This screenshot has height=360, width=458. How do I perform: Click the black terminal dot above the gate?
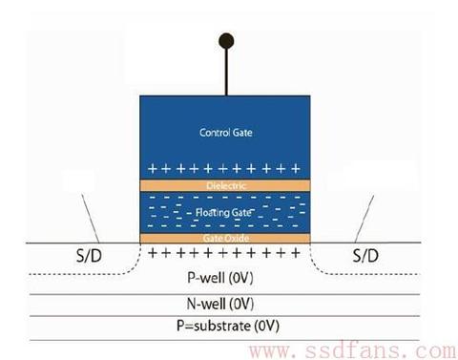click(x=226, y=41)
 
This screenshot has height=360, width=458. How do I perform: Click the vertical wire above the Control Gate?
click(x=226, y=73)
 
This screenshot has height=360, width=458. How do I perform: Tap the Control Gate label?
click(x=226, y=133)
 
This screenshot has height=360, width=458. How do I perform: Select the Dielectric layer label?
click(x=226, y=185)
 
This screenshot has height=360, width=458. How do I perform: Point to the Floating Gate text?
click(x=223, y=212)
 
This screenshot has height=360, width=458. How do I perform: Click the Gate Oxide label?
click(x=226, y=238)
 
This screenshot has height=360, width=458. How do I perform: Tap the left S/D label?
click(x=89, y=256)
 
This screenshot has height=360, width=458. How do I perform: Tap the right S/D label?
click(x=365, y=256)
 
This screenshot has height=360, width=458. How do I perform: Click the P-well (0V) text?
click(x=220, y=278)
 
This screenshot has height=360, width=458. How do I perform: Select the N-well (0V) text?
click(x=220, y=304)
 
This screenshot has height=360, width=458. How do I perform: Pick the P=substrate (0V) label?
click(x=228, y=326)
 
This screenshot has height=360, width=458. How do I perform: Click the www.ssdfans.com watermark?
click(x=352, y=350)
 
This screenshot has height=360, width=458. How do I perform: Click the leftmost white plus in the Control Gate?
click(x=153, y=168)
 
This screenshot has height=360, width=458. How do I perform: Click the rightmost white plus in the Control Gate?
click(x=296, y=168)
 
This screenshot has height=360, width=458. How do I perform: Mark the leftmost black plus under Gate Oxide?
click(x=153, y=253)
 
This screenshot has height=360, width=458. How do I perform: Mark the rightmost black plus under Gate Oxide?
click(x=296, y=253)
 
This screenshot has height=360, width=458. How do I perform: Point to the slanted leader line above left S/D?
click(x=91, y=219)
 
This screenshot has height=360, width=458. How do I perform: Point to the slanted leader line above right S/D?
click(x=364, y=219)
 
